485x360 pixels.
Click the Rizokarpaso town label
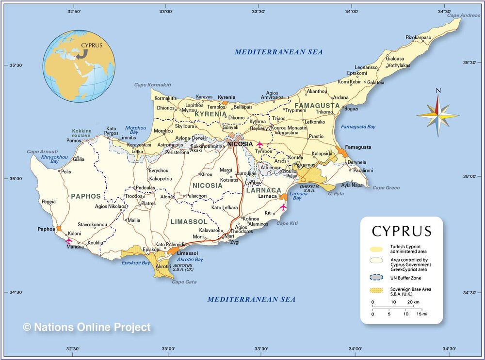coord(419,37)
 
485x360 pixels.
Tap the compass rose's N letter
coord(438,90)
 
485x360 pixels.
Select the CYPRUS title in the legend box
coord(401,231)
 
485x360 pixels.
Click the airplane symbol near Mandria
coord(68,240)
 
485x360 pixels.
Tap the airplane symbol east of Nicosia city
coord(260,144)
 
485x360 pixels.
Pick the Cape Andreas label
coord(463,16)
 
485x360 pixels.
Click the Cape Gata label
coord(184,282)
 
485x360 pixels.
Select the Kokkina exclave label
coord(82,134)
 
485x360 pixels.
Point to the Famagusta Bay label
coord(358,127)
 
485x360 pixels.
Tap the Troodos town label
coord(134,196)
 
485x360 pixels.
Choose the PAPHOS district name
coord(86,196)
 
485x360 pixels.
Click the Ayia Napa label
coord(352,185)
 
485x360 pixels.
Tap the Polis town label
coord(66,172)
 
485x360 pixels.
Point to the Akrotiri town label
coord(163,266)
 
